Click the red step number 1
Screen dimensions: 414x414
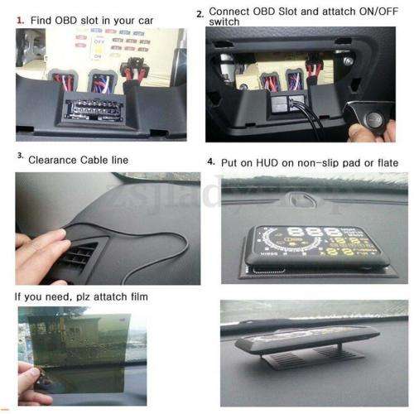click(21, 17)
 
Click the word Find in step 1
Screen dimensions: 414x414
click(46, 17)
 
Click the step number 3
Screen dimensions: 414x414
click(20, 155)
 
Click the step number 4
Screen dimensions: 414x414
click(211, 160)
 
